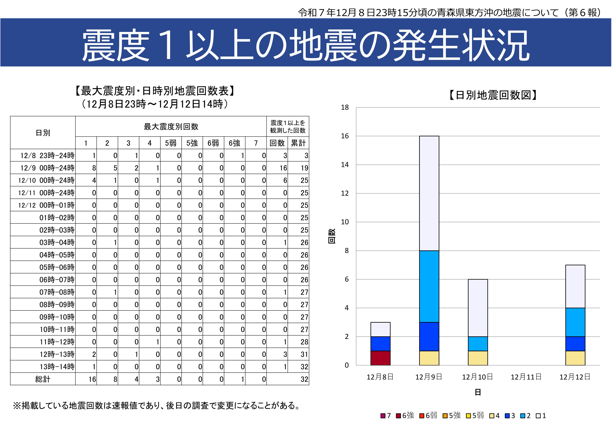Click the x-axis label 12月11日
click(x=526, y=377)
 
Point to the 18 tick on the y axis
click(x=345, y=108)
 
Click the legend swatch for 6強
click(x=398, y=416)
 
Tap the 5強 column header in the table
click(x=192, y=143)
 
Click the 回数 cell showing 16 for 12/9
click(x=283, y=168)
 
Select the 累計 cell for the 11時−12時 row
click(x=304, y=342)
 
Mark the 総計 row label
click(x=43, y=379)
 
